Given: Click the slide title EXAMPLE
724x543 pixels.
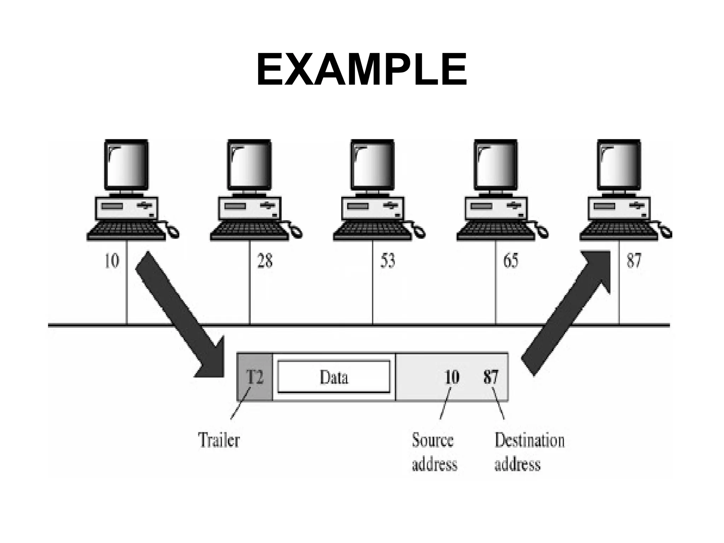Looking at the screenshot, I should click(x=361, y=70).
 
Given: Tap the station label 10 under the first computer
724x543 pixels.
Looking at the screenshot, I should click(x=112, y=262).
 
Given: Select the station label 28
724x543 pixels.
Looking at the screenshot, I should click(x=265, y=262).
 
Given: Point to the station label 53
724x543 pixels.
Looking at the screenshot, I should click(x=387, y=262).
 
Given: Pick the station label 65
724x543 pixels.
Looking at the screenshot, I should click(x=510, y=262).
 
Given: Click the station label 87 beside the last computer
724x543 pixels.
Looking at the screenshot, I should click(x=633, y=262).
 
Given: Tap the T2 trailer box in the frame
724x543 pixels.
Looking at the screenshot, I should click(x=255, y=377).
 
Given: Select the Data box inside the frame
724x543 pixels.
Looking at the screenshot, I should click(x=334, y=377).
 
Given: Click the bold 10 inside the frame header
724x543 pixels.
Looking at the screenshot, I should click(x=452, y=377).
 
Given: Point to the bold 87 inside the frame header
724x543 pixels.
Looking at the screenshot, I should click(x=491, y=377).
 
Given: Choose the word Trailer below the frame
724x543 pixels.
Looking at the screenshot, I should click(x=219, y=440).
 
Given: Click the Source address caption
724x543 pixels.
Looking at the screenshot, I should click(x=434, y=452).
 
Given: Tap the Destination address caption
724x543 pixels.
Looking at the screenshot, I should click(x=529, y=452).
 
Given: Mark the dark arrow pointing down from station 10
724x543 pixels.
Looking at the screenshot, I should click(x=177, y=311).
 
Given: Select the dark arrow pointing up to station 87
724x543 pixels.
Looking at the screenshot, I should click(x=569, y=311).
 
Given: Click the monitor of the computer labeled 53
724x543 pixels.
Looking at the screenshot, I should click(x=372, y=165).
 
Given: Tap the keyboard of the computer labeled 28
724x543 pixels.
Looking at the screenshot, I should click(x=249, y=230).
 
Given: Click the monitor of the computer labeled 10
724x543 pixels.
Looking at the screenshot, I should click(x=126, y=165).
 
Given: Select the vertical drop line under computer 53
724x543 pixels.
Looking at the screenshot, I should click(x=373, y=283).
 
